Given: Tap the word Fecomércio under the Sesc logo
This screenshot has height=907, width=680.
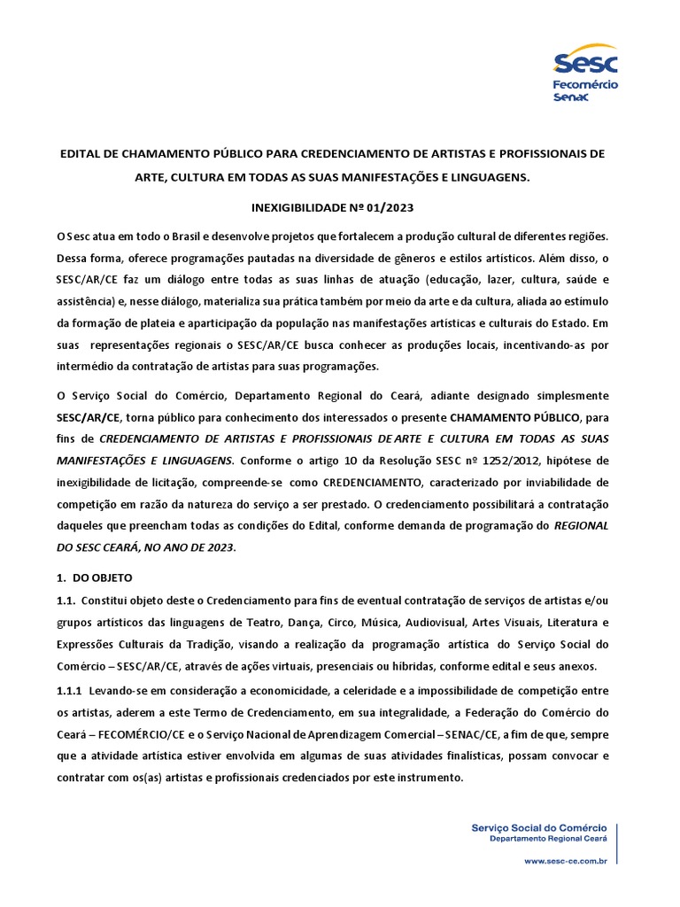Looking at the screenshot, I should [x=585, y=84].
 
